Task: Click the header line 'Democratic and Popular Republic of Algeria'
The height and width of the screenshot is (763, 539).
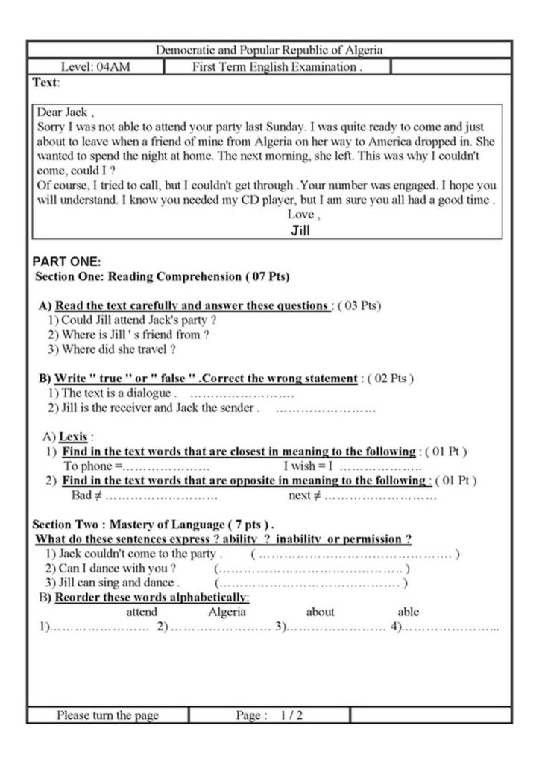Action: click(269, 51)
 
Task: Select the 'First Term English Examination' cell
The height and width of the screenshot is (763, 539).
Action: click(277, 67)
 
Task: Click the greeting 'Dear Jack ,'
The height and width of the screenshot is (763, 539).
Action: click(66, 113)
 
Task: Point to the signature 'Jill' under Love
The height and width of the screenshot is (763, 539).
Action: click(300, 230)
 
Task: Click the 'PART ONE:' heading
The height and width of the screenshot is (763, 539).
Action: click(67, 262)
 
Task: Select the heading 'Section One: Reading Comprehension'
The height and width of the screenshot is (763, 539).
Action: click(163, 276)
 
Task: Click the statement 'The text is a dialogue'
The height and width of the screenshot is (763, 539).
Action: click(112, 393)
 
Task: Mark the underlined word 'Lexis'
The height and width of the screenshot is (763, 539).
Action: click(74, 437)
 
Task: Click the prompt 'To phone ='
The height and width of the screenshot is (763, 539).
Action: click(92, 466)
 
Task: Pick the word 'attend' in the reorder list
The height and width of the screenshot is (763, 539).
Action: click(142, 612)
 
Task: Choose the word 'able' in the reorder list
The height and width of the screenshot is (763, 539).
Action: click(409, 612)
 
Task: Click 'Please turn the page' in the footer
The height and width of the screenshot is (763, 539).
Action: click(108, 715)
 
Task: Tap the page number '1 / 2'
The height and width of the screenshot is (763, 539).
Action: click(291, 715)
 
